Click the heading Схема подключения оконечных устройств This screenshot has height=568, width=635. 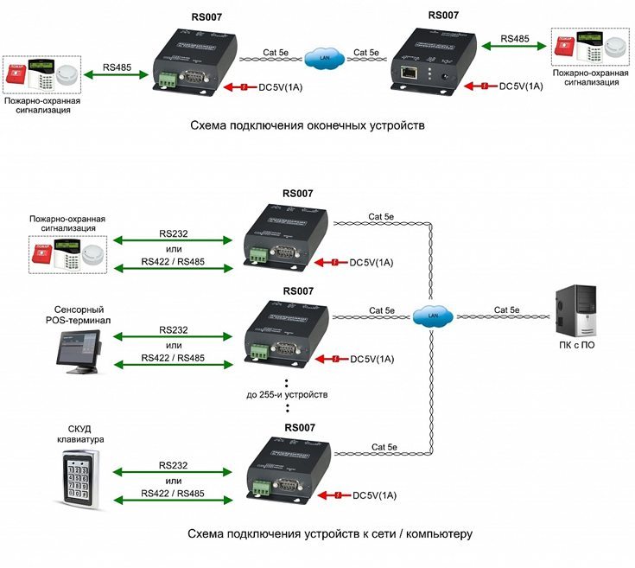point(308,125)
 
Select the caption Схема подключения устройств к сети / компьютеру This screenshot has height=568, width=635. point(330,533)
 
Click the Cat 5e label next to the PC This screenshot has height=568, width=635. point(508,310)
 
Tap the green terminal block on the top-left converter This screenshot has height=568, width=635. point(167,80)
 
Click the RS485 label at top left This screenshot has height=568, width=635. point(117,66)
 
